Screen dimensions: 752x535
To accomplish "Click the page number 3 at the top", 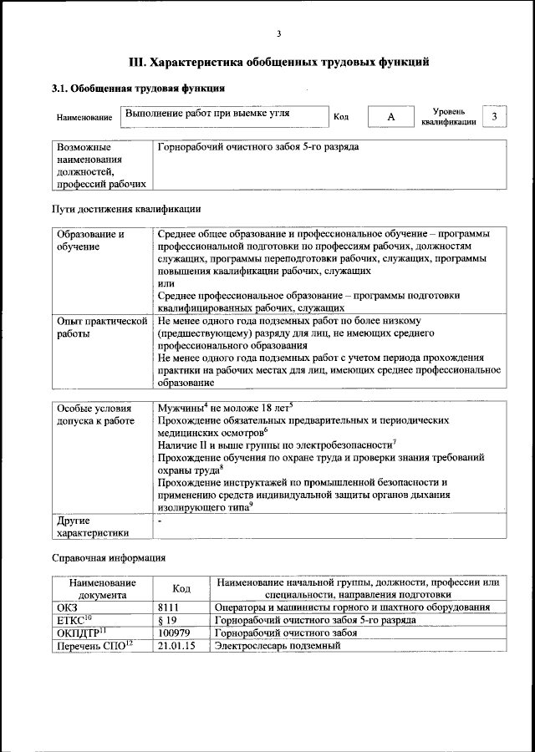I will (279, 33).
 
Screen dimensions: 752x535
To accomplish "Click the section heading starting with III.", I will (279, 61).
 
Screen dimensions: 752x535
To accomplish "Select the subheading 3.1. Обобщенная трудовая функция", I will (138, 88).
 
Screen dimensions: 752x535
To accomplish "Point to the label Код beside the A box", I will (341, 117).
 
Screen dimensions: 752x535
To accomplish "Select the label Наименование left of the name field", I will (84, 118).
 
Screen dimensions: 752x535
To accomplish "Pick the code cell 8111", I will (169, 607).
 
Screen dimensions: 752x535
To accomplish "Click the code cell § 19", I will (168, 620).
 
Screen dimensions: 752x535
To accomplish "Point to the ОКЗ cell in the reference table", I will (66, 607).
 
